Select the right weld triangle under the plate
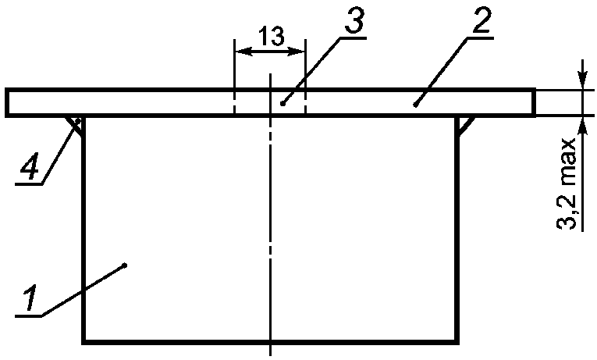[x=465, y=123]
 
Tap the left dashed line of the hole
[x=235, y=103]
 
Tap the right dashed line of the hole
[x=305, y=103]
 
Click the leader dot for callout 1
[x=125, y=267]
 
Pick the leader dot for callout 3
[x=282, y=102]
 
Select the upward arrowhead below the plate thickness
[x=581, y=124]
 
